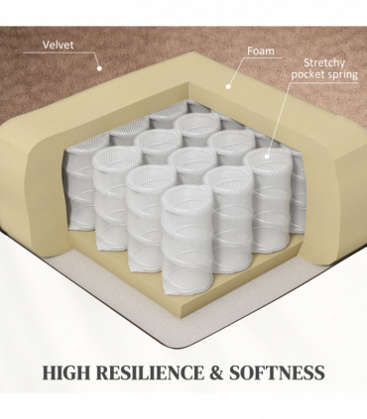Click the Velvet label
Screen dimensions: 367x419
tap(58, 45)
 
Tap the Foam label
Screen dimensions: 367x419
tap(261, 51)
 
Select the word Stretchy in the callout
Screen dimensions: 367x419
tap(324, 62)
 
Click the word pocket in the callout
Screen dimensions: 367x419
tap(308, 74)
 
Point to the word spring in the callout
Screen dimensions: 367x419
tap(343, 75)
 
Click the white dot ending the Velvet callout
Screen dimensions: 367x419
tap(99, 68)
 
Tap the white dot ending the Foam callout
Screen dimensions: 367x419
tap(228, 86)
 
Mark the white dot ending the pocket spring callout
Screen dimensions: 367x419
tap(267, 157)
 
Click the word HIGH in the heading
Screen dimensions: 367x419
tap(66, 372)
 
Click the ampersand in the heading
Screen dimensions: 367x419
tap(216, 372)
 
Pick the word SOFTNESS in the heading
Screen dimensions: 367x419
tap(277, 372)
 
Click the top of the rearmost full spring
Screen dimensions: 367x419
tap(197, 124)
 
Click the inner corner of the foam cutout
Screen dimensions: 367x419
tap(189, 82)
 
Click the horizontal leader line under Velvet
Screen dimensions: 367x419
tap(60, 52)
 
